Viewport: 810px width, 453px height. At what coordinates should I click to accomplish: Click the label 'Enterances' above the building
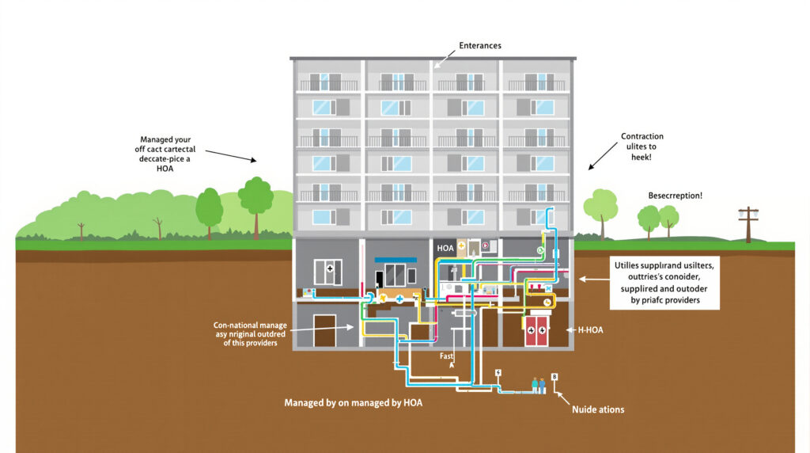[x=480, y=46]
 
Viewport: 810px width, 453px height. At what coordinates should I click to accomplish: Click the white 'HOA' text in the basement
[x=446, y=248]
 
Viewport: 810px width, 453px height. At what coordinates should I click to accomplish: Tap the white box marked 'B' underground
[x=555, y=377]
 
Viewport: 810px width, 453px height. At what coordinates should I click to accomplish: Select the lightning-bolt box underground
[x=498, y=372]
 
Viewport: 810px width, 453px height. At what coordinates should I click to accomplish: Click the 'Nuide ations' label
[x=598, y=409]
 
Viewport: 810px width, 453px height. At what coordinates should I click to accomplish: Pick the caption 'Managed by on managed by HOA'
[x=354, y=402]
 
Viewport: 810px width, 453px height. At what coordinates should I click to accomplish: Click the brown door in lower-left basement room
[x=324, y=330]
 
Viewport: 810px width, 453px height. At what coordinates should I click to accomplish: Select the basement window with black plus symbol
[x=328, y=271]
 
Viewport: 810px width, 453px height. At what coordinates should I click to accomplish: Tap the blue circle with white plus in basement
[x=399, y=299]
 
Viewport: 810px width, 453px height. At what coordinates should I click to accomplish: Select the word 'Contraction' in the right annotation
[x=642, y=136]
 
